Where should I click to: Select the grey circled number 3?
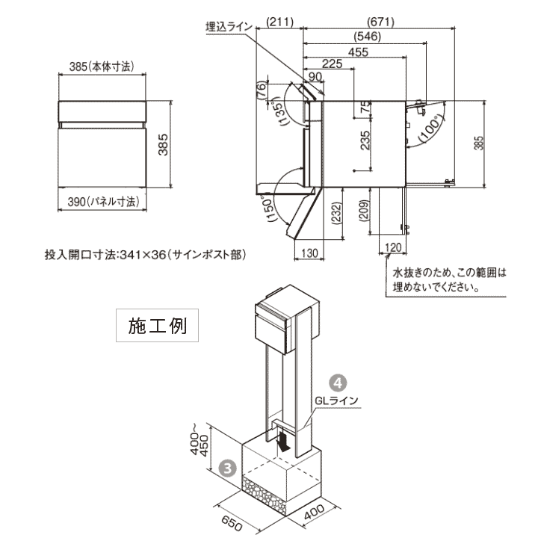coord(229,469)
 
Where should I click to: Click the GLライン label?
coord(337,401)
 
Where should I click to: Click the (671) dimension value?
coord(381,22)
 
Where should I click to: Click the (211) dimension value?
coord(280,22)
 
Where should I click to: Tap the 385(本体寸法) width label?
coord(102,67)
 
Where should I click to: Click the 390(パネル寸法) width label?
coord(102,202)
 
